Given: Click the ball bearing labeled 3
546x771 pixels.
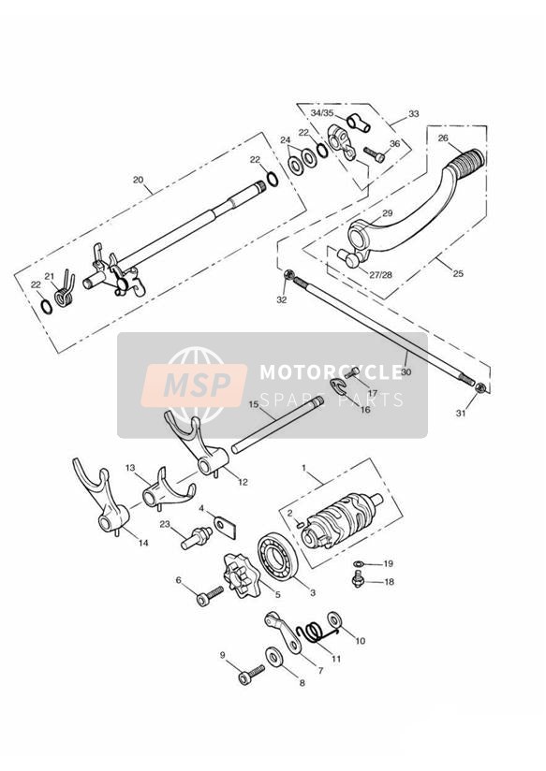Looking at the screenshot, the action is [277, 554].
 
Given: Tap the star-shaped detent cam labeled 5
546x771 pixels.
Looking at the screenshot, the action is [242, 575].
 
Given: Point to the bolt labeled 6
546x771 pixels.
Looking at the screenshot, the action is [210, 596].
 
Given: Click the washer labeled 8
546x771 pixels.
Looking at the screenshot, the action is [274, 658].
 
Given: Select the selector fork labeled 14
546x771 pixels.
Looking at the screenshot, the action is [102, 501].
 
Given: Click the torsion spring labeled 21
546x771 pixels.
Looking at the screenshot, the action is [65, 291].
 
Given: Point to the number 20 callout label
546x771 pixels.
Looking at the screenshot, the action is [139, 180].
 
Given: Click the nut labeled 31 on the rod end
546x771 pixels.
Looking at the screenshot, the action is [482, 388].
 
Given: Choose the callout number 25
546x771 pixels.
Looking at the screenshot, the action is [458, 273].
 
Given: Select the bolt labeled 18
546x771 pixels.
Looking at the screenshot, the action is [359, 579].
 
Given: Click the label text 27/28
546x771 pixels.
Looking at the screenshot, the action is [381, 274].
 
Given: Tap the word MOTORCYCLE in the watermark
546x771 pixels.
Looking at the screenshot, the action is [332, 371].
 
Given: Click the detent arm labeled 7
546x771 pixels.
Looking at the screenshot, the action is [285, 632].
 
